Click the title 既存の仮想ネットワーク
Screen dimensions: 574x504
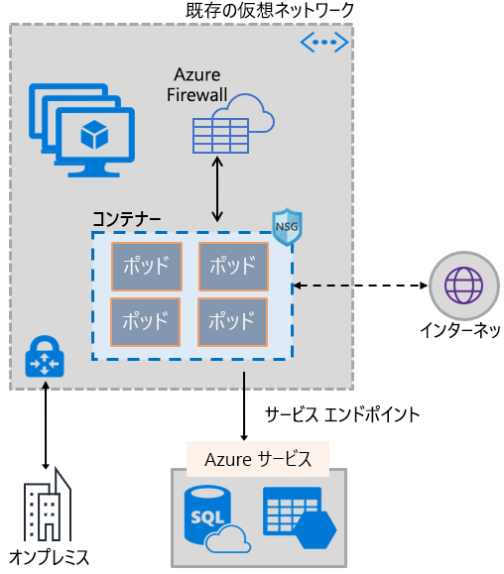pyautogui.click(x=270, y=11)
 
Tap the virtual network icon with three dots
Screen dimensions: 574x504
pyautogui.click(x=324, y=42)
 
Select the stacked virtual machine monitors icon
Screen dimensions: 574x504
pyautogui.click(x=80, y=129)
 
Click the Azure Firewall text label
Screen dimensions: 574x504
pyautogui.click(x=197, y=85)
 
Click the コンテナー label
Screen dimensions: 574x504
pyautogui.click(x=127, y=217)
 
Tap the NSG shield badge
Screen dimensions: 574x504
pyautogui.click(x=287, y=225)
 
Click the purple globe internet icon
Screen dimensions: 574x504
pyautogui.click(x=461, y=286)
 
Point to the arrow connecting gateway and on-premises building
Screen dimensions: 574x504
pyautogui.click(x=46, y=426)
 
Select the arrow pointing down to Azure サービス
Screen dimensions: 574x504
pyautogui.click(x=244, y=406)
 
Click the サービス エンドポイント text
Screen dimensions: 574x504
pyautogui.click(x=342, y=414)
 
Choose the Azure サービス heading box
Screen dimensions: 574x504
pyautogui.click(x=258, y=459)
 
